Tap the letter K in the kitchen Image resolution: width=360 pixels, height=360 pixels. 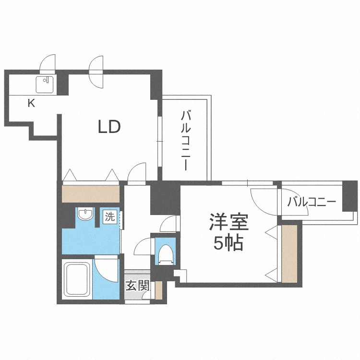pos(31,103)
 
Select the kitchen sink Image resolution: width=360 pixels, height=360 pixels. pos(46,84)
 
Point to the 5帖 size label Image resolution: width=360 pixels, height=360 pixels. pos(228,243)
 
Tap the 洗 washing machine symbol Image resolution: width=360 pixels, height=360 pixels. pos(110,216)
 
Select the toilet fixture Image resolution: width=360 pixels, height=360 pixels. pos(165,253)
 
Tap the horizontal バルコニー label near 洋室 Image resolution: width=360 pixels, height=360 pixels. pos(312,202)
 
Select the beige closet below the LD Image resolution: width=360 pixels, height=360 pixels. pos(91,193)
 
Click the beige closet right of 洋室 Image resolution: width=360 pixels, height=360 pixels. pos(289,254)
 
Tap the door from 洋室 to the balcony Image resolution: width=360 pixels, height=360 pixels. pos(264,199)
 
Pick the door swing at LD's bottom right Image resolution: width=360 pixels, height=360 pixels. pos(138,172)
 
